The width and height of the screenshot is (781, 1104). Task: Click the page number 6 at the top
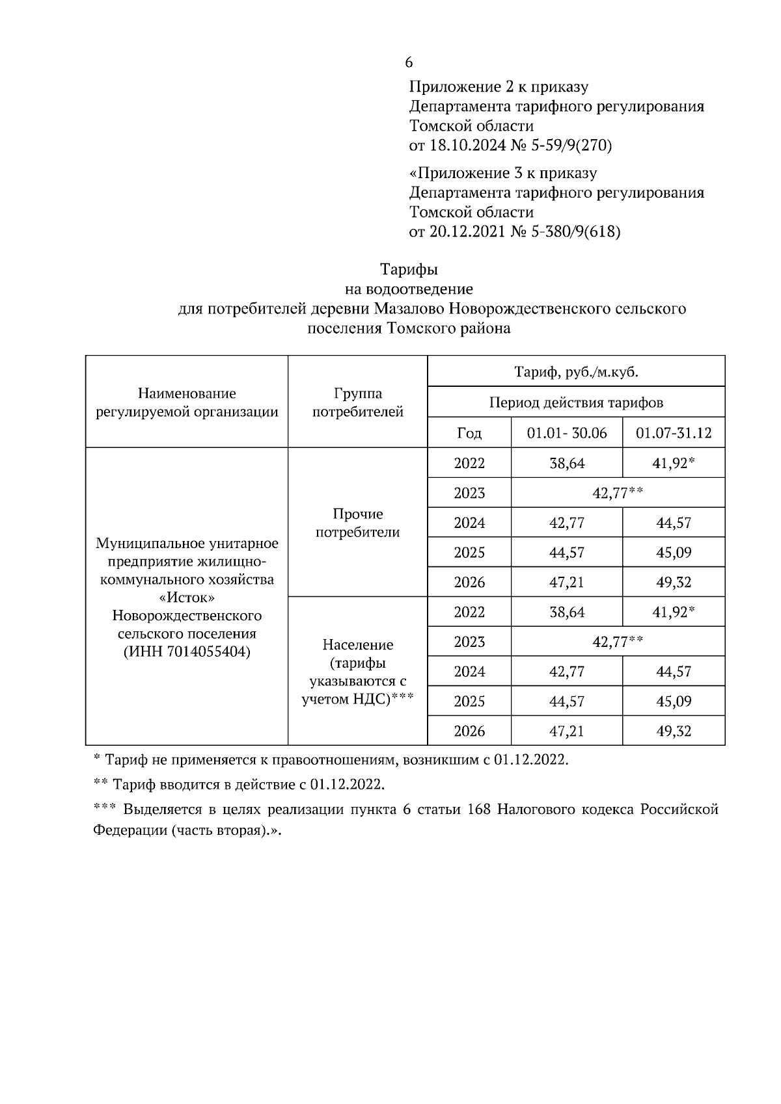(408, 62)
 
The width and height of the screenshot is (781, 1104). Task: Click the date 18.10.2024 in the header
(466, 146)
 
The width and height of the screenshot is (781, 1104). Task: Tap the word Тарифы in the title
(409, 269)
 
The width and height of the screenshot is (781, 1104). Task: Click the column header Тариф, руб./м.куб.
(576, 373)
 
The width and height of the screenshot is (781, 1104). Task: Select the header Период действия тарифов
(576, 402)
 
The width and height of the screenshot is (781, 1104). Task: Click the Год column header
(469, 433)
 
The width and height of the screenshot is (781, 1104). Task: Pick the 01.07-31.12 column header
(674, 433)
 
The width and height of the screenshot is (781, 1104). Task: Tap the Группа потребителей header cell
(357, 402)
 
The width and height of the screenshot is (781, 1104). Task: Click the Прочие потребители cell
(357, 523)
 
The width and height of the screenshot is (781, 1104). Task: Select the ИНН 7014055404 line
(187, 651)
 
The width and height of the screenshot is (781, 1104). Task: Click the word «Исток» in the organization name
(187, 597)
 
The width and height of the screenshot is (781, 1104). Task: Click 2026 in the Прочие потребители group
(469, 583)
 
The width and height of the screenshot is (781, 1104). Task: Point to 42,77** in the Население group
(618, 642)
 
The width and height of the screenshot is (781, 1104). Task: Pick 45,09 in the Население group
(674, 702)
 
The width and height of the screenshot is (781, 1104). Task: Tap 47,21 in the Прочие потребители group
(566, 583)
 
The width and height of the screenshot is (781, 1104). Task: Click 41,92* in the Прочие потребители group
(674, 464)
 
